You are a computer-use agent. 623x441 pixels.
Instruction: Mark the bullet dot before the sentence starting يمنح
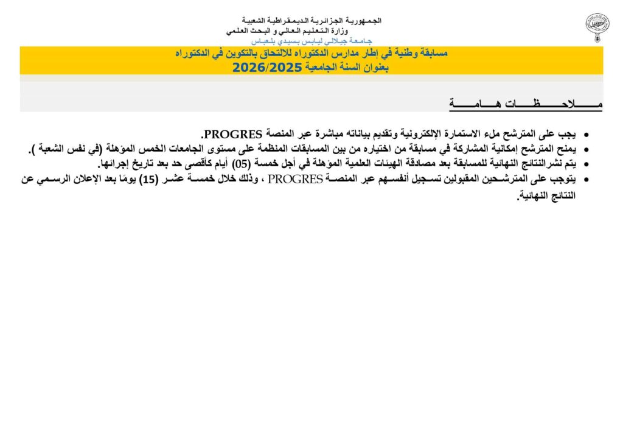pos(586,149)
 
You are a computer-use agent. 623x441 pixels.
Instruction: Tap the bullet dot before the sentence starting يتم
pos(586,164)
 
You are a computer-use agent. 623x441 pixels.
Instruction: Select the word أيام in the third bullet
pos(221,164)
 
